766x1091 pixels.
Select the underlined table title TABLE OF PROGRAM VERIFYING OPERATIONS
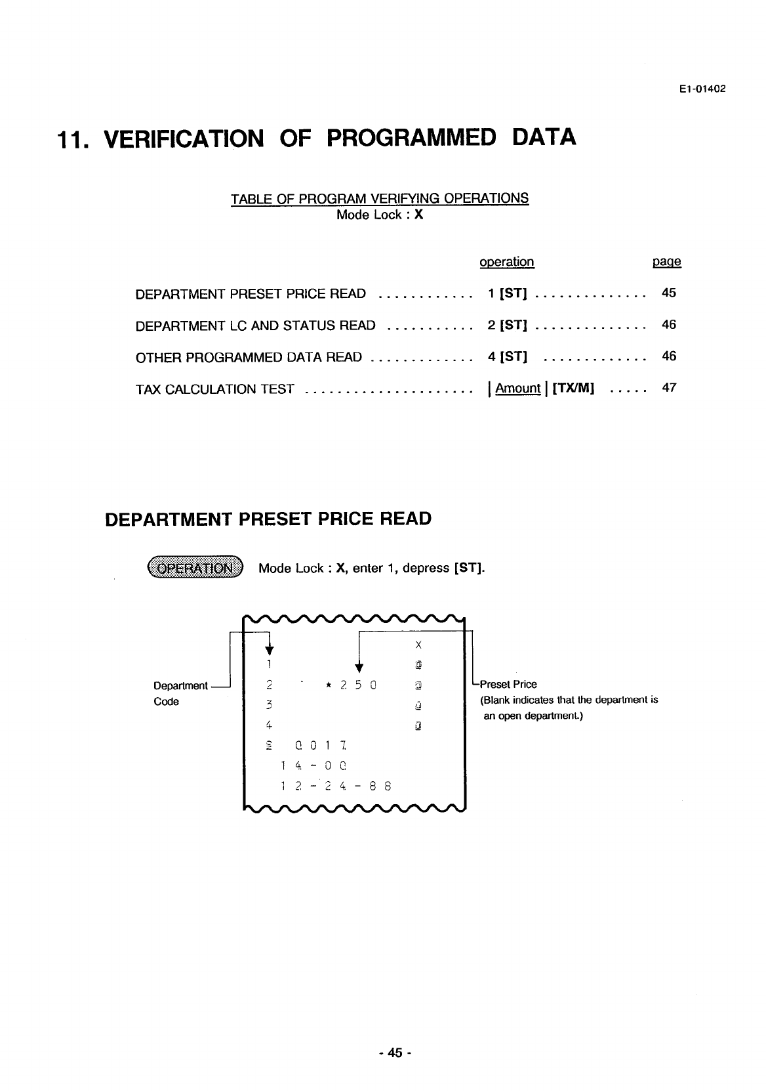point(380,198)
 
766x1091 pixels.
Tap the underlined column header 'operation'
point(506,262)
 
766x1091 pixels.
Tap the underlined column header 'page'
point(666,262)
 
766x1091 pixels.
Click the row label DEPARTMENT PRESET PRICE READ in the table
point(251,294)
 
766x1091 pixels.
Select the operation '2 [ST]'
point(508,325)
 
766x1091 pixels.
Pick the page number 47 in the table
point(668,388)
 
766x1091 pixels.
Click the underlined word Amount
point(517,389)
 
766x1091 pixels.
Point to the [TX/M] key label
point(573,389)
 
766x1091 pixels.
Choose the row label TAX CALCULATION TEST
point(214,389)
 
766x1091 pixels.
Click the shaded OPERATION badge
point(195,568)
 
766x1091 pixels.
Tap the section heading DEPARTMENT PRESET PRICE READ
point(268,519)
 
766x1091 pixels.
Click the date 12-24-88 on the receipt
point(335,786)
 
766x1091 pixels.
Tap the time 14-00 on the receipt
point(313,765)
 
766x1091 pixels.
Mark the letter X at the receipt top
point(418,645)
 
